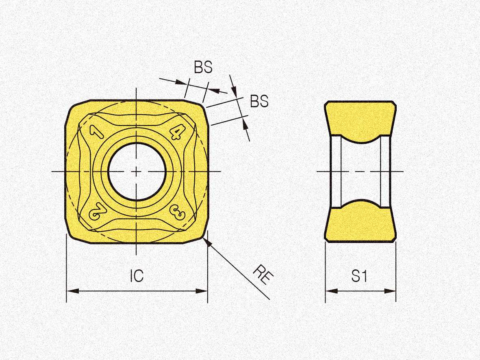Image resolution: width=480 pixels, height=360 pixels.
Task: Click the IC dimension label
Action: click(137, 275)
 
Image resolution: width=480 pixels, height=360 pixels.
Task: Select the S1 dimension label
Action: click(359, 276)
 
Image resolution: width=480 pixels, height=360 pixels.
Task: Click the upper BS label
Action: click(203, 67)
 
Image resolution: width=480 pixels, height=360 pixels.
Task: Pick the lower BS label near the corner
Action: click(259, 101)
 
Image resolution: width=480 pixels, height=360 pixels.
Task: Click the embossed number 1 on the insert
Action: click(96, 131)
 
